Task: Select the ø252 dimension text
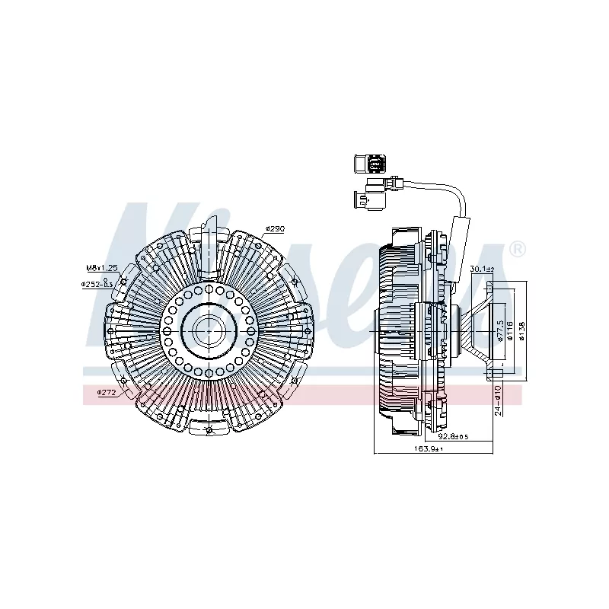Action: (x=97, y=284)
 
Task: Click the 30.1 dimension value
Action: (x=482, y=269)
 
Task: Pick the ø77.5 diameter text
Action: (x=499, y=331)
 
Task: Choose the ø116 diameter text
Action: (x=510, y=331)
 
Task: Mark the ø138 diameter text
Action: (x=522, y=331)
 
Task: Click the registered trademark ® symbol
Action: (x=517, y=249)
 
